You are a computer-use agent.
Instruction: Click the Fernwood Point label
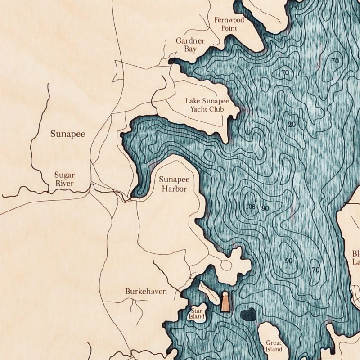[229, 24]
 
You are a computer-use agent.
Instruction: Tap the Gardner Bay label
[190, 45]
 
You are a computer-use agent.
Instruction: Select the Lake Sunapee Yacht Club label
[207, 104]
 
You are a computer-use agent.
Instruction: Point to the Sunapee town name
[67, 134]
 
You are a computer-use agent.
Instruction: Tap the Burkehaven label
[146, 292]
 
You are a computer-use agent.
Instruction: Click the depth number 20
[292, 125]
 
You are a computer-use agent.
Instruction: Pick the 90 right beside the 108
[265, 208]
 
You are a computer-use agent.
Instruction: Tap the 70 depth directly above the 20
[284, 72]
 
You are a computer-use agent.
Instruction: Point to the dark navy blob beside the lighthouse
[247, 315]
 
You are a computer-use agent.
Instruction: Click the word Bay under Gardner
[190, 49]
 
